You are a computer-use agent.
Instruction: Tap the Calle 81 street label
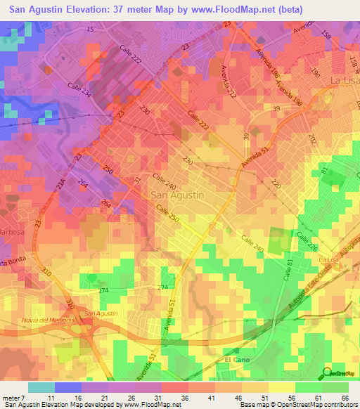288,270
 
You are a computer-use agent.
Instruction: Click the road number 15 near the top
90,30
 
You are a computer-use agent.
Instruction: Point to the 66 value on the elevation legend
345,398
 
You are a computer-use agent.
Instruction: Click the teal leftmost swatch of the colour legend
41,387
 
